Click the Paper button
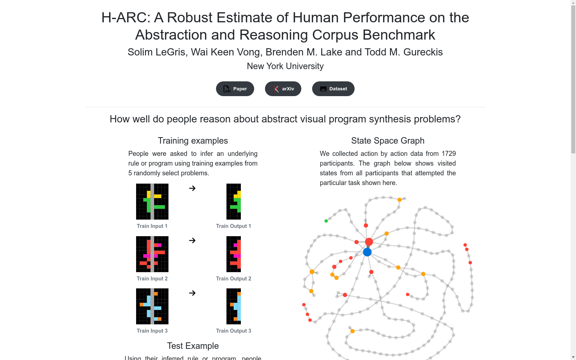[235, 89]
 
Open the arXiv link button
[283, 89]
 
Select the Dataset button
[333, 89]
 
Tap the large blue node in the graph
[367, 252]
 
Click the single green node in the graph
[326, 221]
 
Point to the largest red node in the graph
[369, 242]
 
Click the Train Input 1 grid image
[152, 202]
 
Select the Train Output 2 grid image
[234, 254]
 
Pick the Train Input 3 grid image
[152, 306]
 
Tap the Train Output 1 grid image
[234, 202]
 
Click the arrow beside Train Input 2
[192, 240]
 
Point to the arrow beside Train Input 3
[192, 293]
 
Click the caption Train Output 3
[234, 331]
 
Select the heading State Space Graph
[388, 141]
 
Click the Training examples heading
[193, 141]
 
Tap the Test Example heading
[193, 346]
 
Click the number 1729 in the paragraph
[449, 153]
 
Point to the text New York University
[285, 66]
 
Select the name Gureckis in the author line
[423, 52]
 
